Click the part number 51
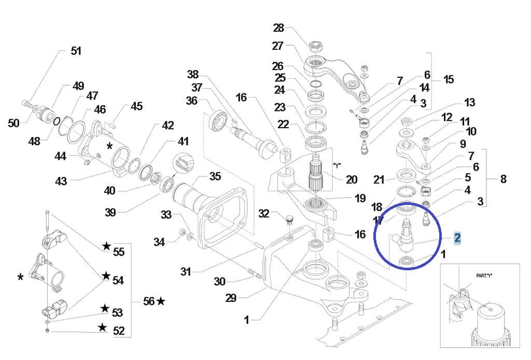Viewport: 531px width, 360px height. click(x=76, y=51)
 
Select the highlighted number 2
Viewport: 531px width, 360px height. click(x=457, y=238)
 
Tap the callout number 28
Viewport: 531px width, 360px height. click(x=279, y=27)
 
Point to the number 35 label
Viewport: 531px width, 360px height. click(x=215, y=176)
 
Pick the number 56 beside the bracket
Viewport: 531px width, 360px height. click(x=149, y=301)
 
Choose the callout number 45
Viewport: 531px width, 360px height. click(x=136, y=106)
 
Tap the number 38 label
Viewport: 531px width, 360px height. click(x=193, y=74)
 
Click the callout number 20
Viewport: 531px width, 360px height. click(x=351, y=179)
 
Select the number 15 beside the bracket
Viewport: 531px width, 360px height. click(x=448, y=79)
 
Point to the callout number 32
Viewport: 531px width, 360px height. click(x=264, y=213)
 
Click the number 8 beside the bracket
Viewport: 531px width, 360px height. click(x=502, y=179)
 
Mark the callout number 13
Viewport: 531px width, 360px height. click(x=469, y=102)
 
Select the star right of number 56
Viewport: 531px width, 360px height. click(x=161, y=301)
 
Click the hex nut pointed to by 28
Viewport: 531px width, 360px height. click(x=315, y=46)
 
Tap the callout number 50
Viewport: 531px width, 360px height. click(x=13, y=123)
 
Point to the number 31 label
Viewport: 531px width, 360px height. click(x=186, y=271)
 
